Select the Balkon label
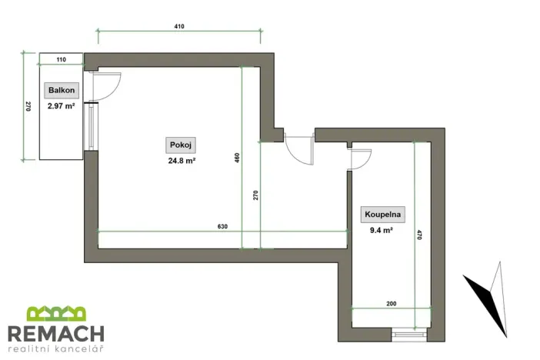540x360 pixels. (x=59, y=91)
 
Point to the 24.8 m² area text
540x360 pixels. (x=178, y=162)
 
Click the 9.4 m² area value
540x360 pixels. (x=382, y=229)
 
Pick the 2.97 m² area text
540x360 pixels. (x=59, y=106)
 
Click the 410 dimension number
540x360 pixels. (x=179, y=26)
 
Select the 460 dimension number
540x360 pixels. (x=238, y=158)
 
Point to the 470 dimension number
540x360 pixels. (x=420, y=236)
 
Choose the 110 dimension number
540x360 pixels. (x=61, y=59)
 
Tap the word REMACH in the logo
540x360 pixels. (x=55, y=334)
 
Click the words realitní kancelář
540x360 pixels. (x=55, y=350)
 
